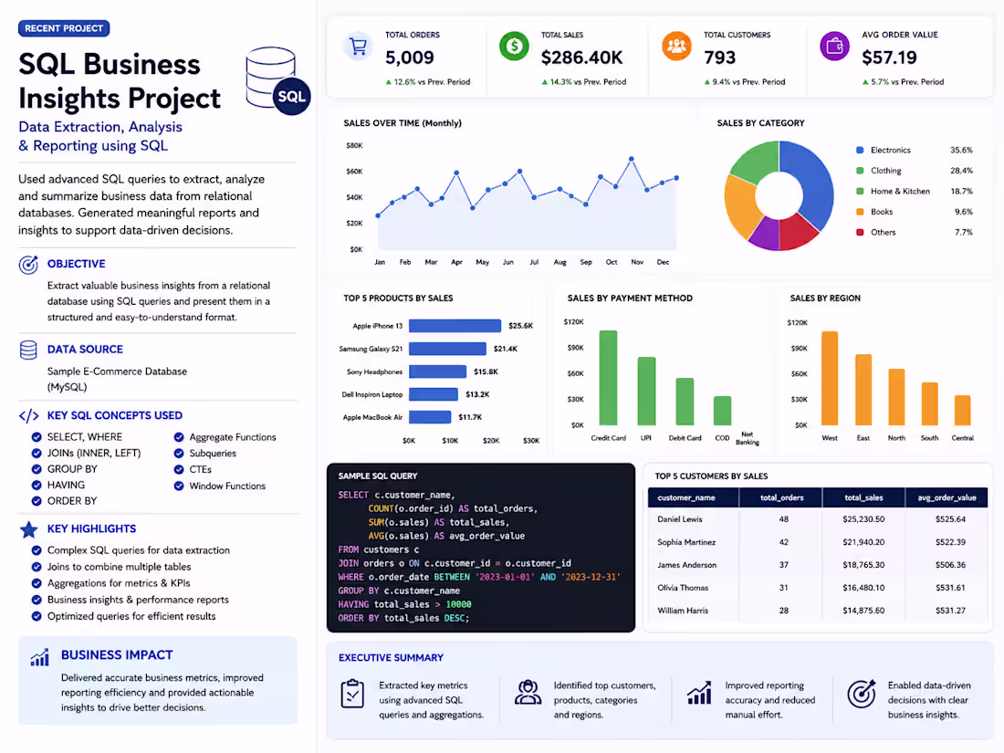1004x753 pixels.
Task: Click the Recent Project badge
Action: click(x=64, y=28)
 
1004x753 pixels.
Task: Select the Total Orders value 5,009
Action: click(x=410, y=58)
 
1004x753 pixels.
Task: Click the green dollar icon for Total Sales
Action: click(x=514, y=47)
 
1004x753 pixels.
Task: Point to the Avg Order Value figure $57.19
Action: click(x=889, y=58)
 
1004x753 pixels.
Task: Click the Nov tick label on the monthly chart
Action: click(x=637, y=262)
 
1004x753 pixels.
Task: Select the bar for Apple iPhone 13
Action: click(x=455, y=326)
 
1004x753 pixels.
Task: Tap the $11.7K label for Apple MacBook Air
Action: click(x=470, y=417)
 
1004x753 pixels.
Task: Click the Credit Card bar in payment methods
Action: click(x=608, y=378)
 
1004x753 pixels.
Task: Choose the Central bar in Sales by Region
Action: click(x=962, y=411)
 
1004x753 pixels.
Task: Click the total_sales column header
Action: click(x=863, y=497)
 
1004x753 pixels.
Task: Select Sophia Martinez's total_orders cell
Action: click(x=784, y=542)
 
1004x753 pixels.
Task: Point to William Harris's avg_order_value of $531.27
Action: click(x=950, y=611)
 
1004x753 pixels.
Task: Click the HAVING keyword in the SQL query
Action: click(x=353, y=604)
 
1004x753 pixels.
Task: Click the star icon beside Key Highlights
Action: click(x=29, y=529)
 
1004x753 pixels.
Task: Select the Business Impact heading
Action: click(x=117, y=655)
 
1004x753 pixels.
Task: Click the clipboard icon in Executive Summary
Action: click(x=352, y=694)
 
